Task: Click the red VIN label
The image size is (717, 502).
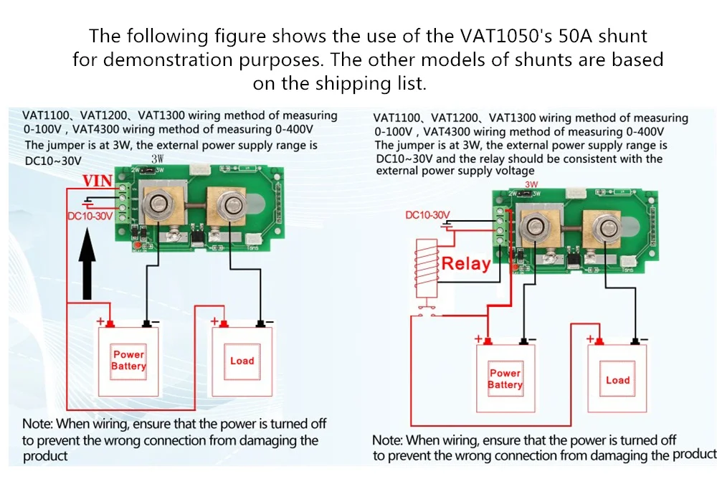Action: tap(98, 181)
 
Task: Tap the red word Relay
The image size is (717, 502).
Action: tap(465, 263)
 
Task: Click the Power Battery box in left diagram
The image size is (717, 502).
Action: tap(128, 361)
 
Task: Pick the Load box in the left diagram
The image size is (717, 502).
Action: tap(242, 361)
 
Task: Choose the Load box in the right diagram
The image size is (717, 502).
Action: tap(617, 380)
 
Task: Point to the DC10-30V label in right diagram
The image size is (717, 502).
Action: tap(427, 215)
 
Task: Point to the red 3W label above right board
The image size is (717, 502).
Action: tap(531, 184)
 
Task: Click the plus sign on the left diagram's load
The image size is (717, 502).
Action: tap(214, 322)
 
